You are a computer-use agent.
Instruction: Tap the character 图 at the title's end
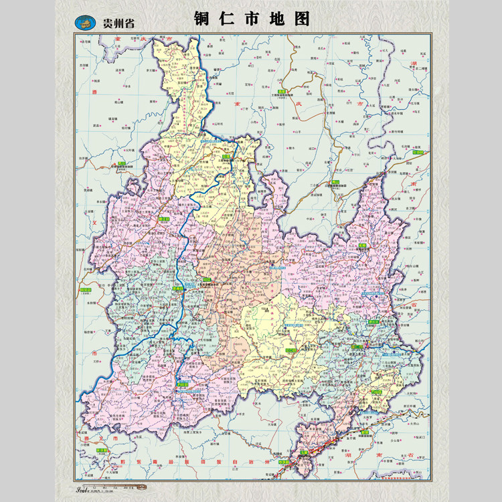tap(303, 19)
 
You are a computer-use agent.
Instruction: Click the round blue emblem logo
tap(87, 22)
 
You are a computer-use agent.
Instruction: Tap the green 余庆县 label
tap(102, 450)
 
